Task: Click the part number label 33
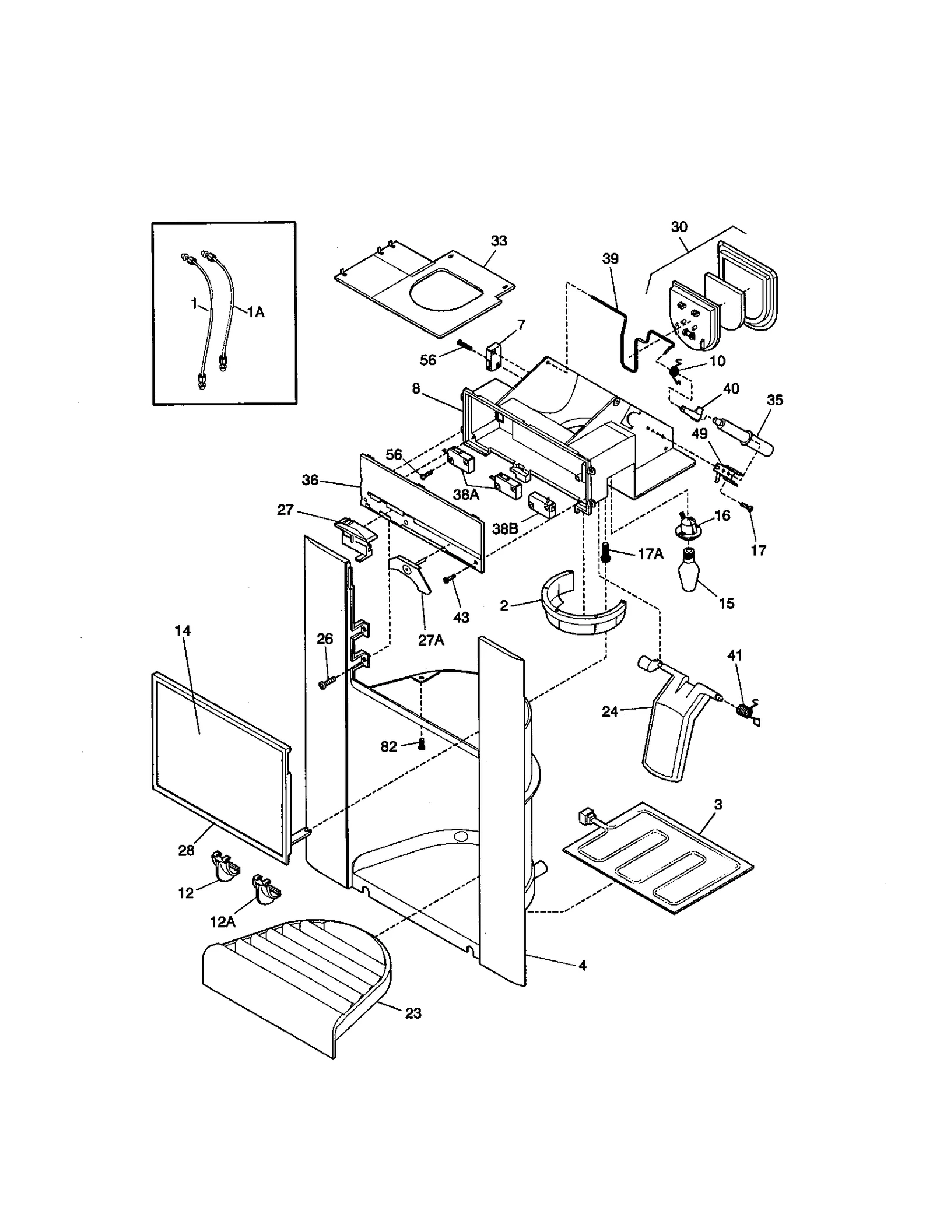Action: click(x=499, y=241)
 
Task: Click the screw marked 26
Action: click(x=326, y=683)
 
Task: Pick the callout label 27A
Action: click(x=431, y=640)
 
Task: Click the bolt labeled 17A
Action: click(x=606, y=552)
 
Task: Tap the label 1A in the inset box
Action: click(x=255, y=313)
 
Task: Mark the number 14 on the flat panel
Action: click(x=183, y=631)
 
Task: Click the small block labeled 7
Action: click(x=493, y=356)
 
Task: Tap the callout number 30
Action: click(x=679, y=227)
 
